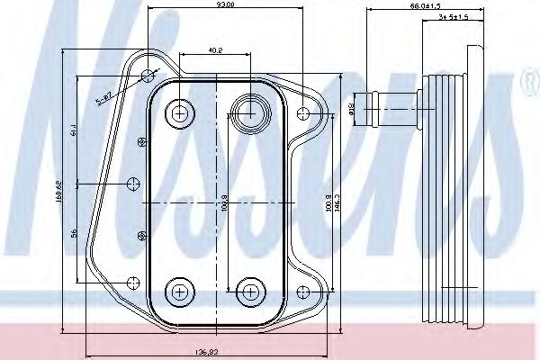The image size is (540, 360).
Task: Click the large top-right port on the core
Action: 247,112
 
